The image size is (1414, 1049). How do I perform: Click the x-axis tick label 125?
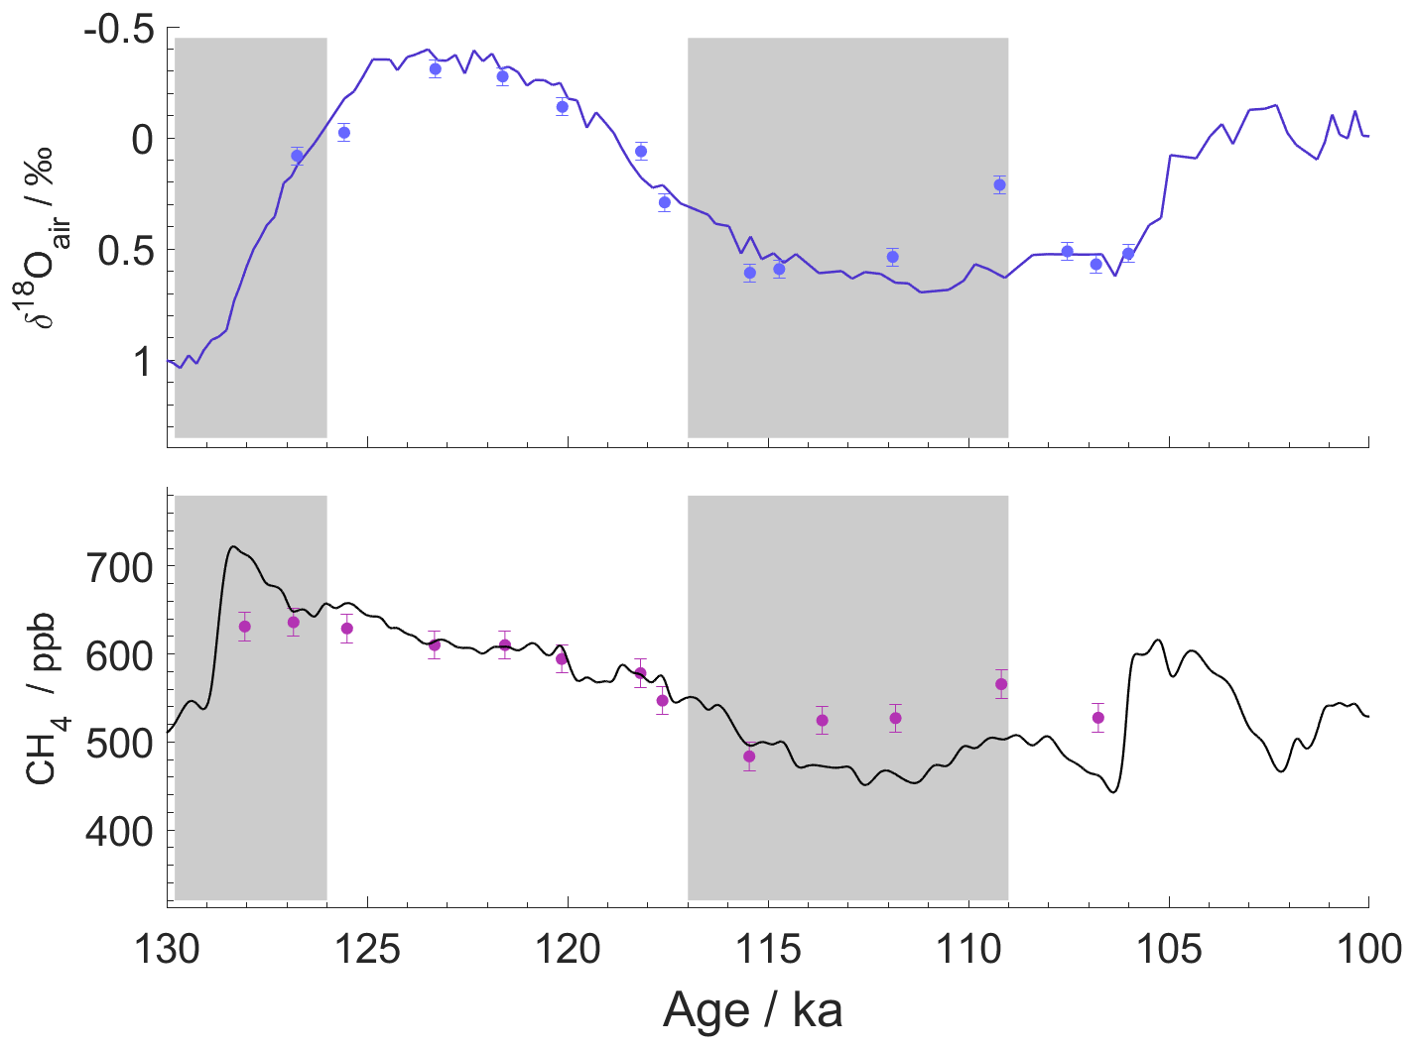pos(367,950)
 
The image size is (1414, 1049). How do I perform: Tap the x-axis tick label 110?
pos(968,950)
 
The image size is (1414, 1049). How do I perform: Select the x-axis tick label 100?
pos(1368,950)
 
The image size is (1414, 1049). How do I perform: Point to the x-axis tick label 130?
pos(168,950)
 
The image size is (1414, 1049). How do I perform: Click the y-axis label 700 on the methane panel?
pos(118,568)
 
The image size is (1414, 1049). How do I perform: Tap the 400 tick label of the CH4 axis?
pos(118,831)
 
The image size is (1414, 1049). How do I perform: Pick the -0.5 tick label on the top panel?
pos(118,30)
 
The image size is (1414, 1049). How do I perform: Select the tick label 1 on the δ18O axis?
pos(143,362)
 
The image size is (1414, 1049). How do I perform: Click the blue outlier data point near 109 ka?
pos(999,184)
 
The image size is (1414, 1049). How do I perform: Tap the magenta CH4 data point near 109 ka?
pos(1001,684)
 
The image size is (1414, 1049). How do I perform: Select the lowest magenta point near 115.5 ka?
pos(749,757)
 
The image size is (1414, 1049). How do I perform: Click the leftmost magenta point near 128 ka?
pos(245,627)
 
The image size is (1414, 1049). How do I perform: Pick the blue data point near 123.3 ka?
pos(435,69)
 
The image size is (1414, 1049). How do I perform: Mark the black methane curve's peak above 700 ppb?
pos(233,546)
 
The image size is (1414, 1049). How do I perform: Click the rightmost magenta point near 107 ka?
pos(1098,718)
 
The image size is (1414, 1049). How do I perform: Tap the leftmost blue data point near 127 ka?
pos(297,156)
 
